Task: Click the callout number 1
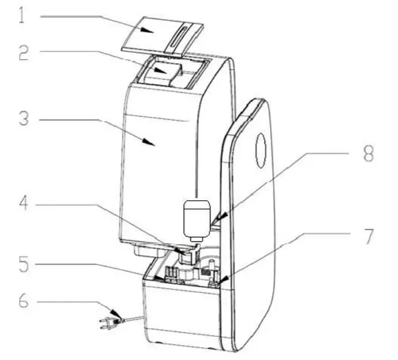tap(21, 16)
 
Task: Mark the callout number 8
tap(368, 154)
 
